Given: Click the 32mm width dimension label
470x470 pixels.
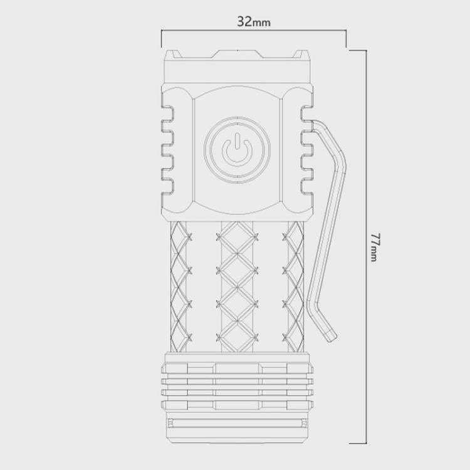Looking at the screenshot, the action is point(254,21).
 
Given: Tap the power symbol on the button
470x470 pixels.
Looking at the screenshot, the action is point(237,149).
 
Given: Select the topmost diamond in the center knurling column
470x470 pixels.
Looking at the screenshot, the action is point(237,238).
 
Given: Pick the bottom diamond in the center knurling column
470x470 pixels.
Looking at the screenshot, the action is point(237,337).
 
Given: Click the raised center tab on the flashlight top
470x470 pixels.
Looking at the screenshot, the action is point(237,54).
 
